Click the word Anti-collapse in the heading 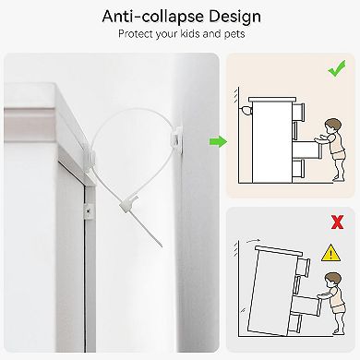coord(153,17)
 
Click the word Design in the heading coord(234,17)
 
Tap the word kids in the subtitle coord(189,33)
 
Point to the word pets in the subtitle coord(234,34)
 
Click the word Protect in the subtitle coord(136,34)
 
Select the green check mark coord(337,68)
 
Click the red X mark coord(337,222)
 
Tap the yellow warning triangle coord(330,253)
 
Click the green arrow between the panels coord(219,141)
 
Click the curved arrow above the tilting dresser coord(254,240)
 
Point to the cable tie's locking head coord(128,204)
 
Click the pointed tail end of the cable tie coord(161,246)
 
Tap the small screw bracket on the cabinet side coord(89,211)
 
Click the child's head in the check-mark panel coord(333,126)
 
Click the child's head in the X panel coord(333,280)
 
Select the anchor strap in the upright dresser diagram coord(246,110)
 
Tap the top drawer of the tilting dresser coord(303,268)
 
